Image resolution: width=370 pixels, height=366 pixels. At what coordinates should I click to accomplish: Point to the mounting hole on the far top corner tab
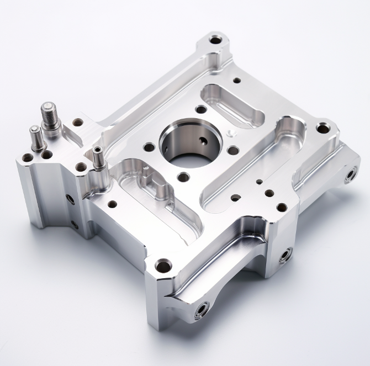tap(215, 40)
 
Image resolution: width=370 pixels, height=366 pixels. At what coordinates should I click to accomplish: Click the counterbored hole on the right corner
tap(323, 129)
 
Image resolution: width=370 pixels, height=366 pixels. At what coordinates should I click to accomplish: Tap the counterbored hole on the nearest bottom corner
tap(162, 267)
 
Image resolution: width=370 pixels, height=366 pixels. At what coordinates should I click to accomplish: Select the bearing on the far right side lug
tap(349, 176)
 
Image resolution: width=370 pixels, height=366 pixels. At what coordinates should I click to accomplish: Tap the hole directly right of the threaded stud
tap(78, 122)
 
